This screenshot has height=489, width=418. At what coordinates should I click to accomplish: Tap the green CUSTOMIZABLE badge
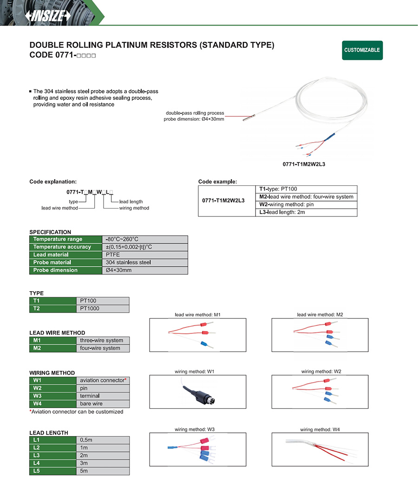tap(362, 50)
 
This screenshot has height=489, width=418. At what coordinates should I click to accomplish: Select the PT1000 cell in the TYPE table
tap(103, 308)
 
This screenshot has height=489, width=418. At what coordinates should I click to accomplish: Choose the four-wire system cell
tap(103, 348)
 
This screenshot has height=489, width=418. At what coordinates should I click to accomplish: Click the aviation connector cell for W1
tap(103, 380)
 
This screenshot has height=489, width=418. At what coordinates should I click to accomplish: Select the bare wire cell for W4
tap(103, 404)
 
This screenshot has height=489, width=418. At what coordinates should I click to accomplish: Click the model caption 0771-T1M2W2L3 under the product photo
tap(307, 164)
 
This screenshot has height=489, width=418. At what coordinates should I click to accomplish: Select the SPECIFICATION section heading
tap(50, 232)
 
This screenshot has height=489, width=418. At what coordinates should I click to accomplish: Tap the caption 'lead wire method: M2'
tap(320, 315)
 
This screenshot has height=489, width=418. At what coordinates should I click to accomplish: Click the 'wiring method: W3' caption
tap(195, 430)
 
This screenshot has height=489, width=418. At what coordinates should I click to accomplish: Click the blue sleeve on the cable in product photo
tap(331, 136)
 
